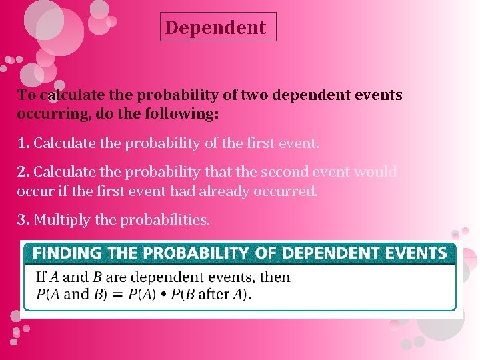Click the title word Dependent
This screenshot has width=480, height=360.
tap(215, 28)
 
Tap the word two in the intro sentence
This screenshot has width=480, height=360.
tap(251, 95)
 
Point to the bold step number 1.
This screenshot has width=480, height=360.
tap(23, 143)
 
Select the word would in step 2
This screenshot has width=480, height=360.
tap(375, 172)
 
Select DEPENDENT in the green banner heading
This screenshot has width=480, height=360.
tap(321, 253)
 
